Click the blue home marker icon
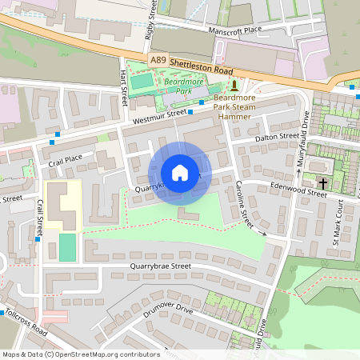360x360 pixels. pyautogui.click(x=179, y=173)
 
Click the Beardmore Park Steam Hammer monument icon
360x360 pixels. pyautogui.click(x=234, y=85)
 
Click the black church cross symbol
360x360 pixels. pyautogui.click(x=323, y=184)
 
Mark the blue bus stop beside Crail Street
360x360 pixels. pyautogui.click(x=38, y=239)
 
